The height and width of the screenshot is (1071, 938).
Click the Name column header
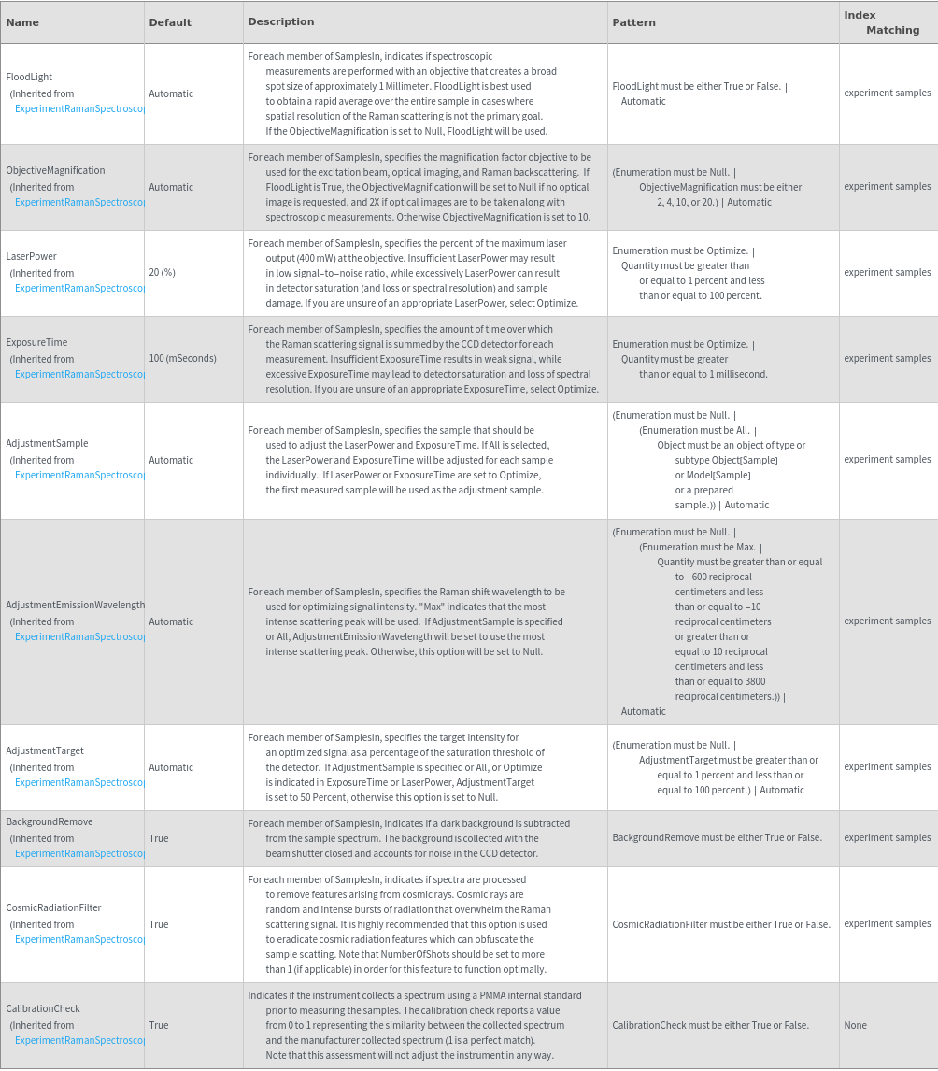point(22,21)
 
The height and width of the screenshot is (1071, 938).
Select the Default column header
point(170,21)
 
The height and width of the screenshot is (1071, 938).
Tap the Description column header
point(281,21)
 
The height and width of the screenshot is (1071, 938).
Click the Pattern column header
point(633,21)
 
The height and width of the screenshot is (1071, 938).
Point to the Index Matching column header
point(881,22)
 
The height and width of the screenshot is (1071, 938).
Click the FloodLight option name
point(29,77)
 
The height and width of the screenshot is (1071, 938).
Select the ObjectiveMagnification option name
point(55,170)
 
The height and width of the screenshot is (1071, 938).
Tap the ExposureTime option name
point(36,342)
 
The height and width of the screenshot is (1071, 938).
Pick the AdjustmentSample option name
point(47,443)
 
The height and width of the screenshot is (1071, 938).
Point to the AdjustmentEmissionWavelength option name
point(75,605)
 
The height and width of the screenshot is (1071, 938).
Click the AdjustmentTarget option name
point(45,750)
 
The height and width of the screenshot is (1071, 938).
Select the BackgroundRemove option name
point(50,821)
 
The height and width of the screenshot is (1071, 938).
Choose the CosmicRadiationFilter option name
point(53,907)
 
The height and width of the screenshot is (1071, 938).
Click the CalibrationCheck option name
point(43,1008)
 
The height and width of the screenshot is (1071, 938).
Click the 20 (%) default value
point(162,272)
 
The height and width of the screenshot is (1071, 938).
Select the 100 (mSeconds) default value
point(182,358)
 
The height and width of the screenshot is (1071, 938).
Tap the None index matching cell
point(855,1025)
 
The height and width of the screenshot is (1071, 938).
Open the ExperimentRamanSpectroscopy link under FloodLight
point(80,108)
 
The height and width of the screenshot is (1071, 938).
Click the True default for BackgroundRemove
point(159,838)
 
